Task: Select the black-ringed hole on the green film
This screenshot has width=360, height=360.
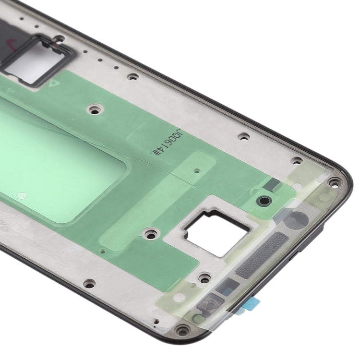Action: click(x=263, y=200)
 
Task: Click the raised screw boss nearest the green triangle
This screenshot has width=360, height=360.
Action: click(x=94, y=109)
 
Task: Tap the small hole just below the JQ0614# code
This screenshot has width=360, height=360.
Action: click(x=197, y=170)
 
